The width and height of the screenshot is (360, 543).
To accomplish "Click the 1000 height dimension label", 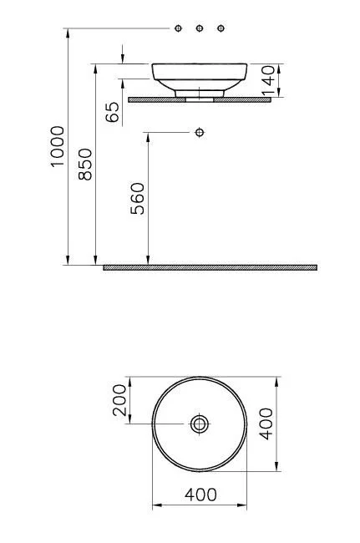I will [x=57, y=146].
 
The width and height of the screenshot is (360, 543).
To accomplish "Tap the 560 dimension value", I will [x=138, y=199].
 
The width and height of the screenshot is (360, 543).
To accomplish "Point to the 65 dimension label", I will [x=114, y=113].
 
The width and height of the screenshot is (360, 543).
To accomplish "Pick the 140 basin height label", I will [x=268, y=81].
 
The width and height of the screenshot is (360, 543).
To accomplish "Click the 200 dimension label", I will [x=120, y=400].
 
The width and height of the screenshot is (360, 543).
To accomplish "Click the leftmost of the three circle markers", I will [x=179, y=28].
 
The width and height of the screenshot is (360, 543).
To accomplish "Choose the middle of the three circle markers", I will [x=200, y=28].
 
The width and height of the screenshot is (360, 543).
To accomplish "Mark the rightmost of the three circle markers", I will [x=221, y=28].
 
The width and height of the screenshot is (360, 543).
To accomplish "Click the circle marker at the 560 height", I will [x=199, y=132].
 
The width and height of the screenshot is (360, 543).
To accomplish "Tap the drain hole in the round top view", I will [x=200, y=424].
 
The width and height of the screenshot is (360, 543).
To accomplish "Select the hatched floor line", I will [x=210, y=267].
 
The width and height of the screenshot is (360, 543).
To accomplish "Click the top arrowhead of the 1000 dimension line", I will [x=67, y=33].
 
